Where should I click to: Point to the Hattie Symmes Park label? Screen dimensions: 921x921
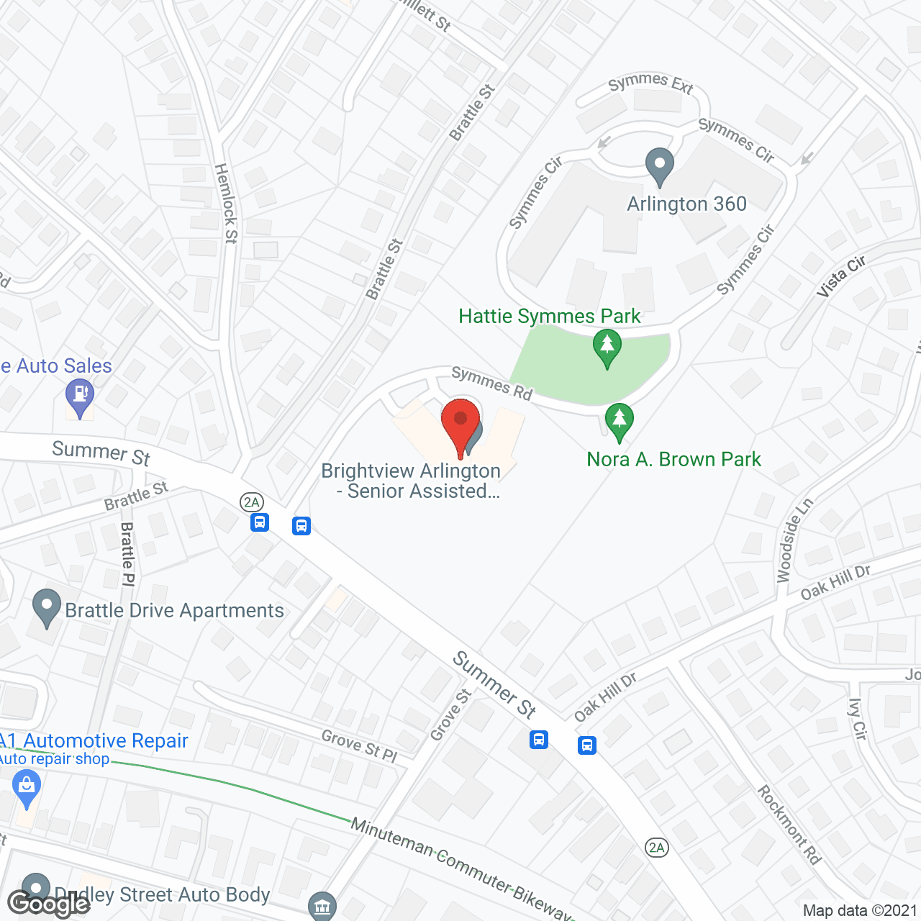[550, 316]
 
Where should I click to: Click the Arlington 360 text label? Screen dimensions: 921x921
[686, 204]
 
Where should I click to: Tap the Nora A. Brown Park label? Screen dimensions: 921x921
[673, 459]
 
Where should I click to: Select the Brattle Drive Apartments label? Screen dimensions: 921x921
[175, 610]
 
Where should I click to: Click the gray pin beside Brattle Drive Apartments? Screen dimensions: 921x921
[47, 607]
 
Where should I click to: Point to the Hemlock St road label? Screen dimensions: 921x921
[226, 203]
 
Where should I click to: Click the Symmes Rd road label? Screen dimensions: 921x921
[491, 383]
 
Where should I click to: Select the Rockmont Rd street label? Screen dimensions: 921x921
[789, 824]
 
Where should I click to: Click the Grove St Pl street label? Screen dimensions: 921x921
[359, 745]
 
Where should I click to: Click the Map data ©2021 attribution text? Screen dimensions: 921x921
[860, 911]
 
